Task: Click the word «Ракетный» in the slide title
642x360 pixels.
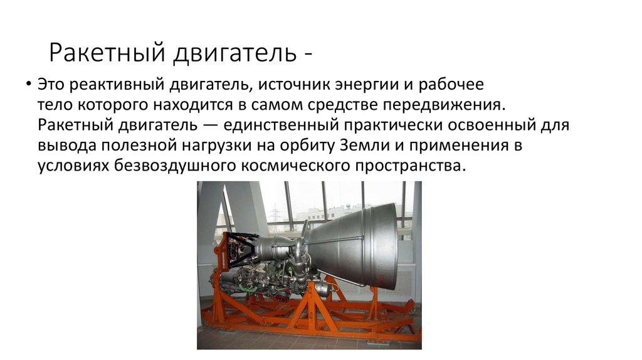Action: pyautogui.click(x=107, y=53)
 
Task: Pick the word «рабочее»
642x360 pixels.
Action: pyautogui.click(x=451, y=85)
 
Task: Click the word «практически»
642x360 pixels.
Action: pyautogui.click(x=393, y=125)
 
